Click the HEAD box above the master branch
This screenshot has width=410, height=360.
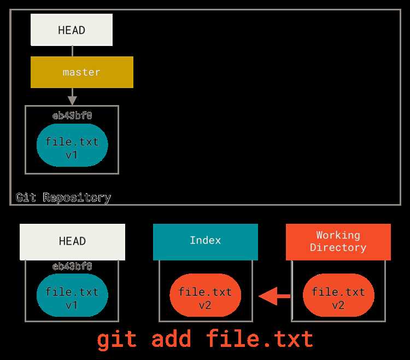tap(72, 30)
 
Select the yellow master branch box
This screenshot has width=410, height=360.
tap(82, 72)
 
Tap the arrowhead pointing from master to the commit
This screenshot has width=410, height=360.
tap(72, 101)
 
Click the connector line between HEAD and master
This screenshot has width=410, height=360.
tap(72, 51)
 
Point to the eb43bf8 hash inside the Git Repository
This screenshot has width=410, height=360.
tap(72, 115)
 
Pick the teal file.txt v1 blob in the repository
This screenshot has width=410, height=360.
tap(72, 146)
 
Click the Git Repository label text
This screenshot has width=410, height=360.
tap(63, 198)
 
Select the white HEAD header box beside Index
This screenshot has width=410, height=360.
tap(72, 242)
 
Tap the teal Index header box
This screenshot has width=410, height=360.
tap(206, 242)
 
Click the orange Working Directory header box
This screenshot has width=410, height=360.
tap(338, 242)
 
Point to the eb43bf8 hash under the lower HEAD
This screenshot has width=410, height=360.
tap(72, 266)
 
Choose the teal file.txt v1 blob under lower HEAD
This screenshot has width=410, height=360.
tap(72, 295)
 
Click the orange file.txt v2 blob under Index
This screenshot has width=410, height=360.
tap(205, 295)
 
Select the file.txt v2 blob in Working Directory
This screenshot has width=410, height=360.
tap(338, 295)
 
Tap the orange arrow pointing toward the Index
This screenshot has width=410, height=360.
tap(274, 296)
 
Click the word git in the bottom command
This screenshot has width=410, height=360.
tap(117, 340)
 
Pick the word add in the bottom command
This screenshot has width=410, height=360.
tap(171, 339)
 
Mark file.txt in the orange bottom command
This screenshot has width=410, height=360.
tap(260, 338)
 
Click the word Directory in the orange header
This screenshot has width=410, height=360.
tap(338, 248)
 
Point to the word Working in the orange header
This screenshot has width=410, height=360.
tap(338, 235)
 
